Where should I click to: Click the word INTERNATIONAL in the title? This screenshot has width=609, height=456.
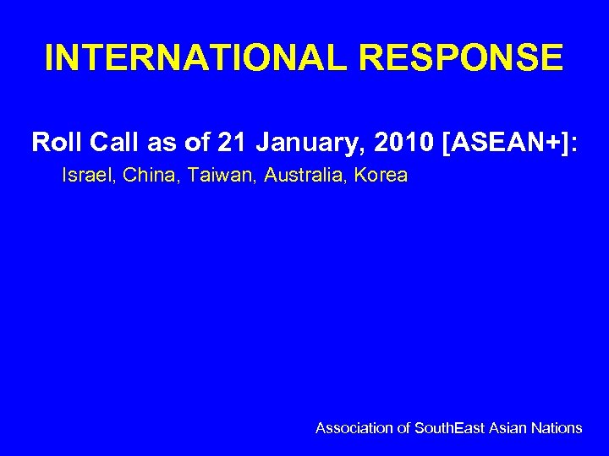[x=181, y=58]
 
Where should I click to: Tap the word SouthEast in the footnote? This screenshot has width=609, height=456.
[x=450, y=428]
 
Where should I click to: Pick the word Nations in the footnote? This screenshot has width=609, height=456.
[x=557, y=428]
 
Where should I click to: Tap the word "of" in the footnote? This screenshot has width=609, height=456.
[x=403, y=428]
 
